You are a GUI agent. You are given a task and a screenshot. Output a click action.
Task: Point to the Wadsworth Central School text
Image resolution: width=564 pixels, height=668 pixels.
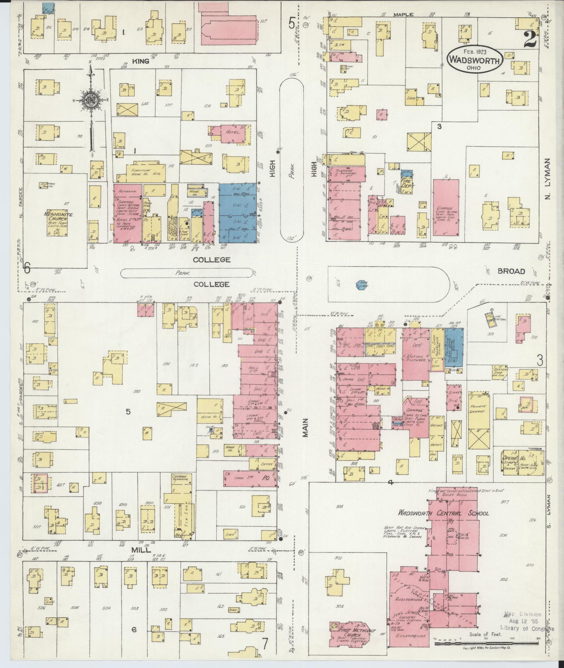coord(443,513)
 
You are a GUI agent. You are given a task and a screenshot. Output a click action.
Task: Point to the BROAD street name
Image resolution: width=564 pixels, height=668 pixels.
coord(511,271)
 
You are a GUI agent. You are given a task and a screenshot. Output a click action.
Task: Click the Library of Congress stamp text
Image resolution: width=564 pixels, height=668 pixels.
coord(527,629)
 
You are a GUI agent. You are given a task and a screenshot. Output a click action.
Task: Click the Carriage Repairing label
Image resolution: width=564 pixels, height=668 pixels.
coord(179,479)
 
